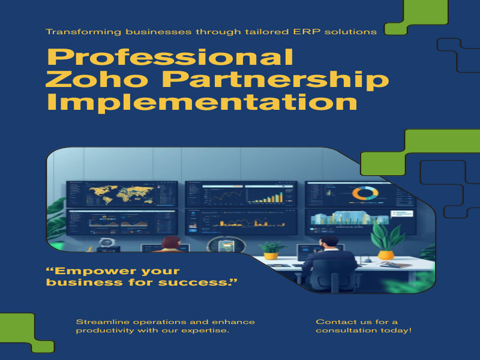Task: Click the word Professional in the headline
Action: tap(170, 57)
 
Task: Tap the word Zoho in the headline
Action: tap(97, 79)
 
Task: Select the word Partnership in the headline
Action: tap(275, 80)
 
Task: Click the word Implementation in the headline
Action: tap(202, 101)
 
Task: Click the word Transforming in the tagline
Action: tap(83, 32)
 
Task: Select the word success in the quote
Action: tap(197, 282)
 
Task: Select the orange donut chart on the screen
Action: tap(365, 193)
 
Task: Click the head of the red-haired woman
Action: tap(171, 243)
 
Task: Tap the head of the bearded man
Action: tap(328, 244)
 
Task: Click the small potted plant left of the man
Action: tap(271, 250)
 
